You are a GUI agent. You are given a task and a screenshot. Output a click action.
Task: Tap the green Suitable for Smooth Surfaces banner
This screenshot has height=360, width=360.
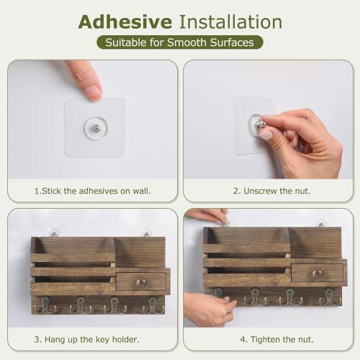click(180, 42)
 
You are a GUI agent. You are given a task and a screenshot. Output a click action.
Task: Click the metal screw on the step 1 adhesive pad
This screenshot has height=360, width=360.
click(96, 127)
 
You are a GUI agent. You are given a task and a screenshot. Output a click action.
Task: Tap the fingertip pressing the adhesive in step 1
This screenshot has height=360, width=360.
click(91, 91)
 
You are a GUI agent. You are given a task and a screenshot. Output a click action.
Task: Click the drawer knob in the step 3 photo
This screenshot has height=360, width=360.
click(140, 282)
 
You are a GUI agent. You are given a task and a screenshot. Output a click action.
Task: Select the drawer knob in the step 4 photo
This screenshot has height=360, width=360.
click(317, 274)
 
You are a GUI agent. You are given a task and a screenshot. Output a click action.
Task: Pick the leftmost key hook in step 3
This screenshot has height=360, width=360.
click(45, 305)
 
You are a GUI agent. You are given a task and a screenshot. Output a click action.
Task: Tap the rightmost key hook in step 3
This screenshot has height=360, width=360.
click(153, 305)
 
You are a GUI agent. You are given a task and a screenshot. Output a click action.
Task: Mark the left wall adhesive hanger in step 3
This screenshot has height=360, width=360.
click(53, 232)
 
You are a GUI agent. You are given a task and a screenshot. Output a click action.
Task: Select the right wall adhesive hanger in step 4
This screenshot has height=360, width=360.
click(320, 224)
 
